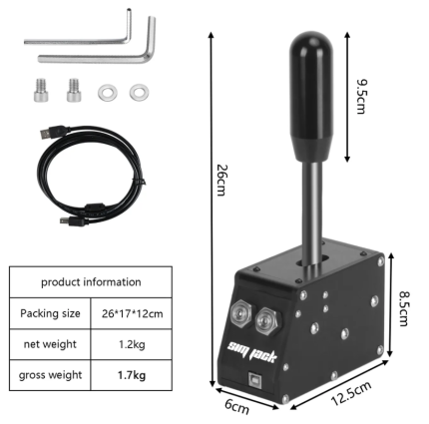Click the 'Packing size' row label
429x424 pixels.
pyautogui.click(x=50, y=312)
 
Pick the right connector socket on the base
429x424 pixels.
pyautogui.click(x=266, y=319)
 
